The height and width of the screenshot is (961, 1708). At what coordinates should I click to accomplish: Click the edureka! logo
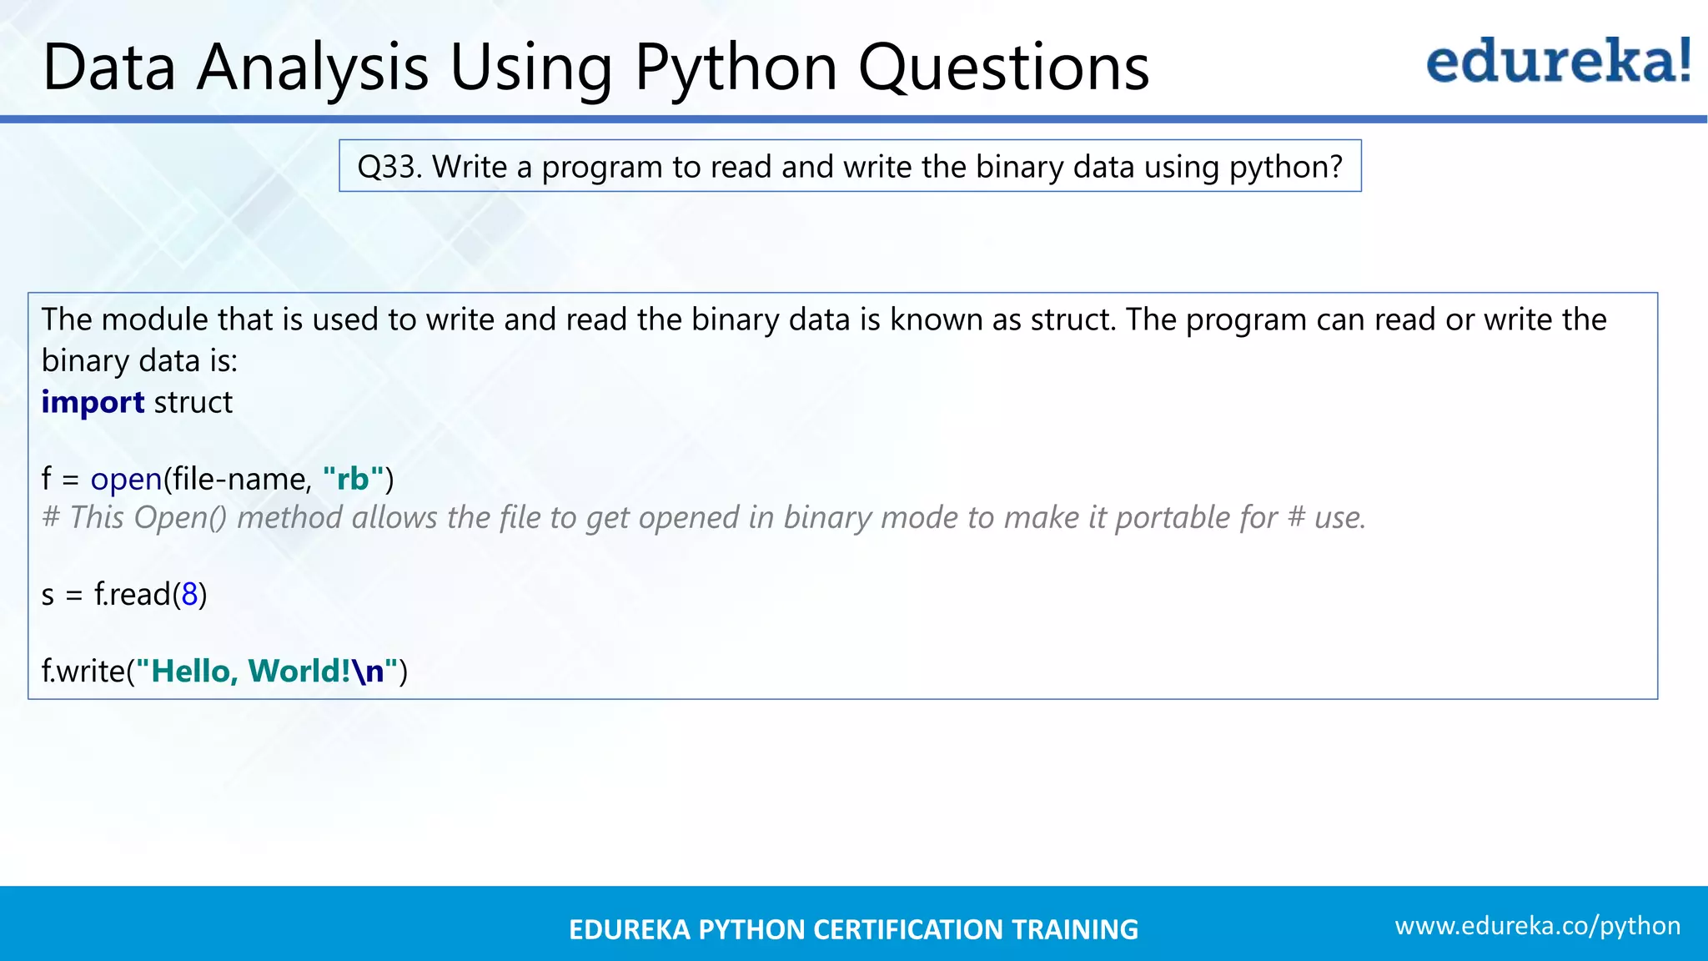coord(1558,62)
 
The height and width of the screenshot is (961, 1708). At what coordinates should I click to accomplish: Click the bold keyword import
coord(93,403)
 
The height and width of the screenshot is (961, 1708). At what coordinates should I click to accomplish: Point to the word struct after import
coord(193,403)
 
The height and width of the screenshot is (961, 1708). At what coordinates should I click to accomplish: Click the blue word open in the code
coord(126,480)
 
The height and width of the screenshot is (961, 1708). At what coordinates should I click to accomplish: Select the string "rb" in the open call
coord(353,479)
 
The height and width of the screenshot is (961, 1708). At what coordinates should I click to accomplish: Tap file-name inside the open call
coord(241,480)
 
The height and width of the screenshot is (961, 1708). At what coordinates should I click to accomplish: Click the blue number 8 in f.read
coord(190,595)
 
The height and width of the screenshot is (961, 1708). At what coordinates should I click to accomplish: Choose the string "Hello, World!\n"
coord(266,672)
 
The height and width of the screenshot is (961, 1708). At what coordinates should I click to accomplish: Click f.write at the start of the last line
coord(83,672)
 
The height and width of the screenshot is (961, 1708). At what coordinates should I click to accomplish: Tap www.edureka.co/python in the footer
coord(1537,926)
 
